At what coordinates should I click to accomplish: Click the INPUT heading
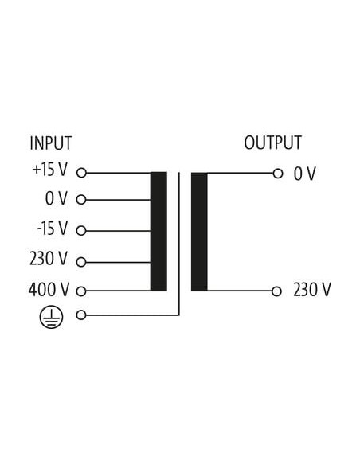click(51, 143)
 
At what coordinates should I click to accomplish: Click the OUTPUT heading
click(273, 143)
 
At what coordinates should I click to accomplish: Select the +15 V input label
click(50, 170)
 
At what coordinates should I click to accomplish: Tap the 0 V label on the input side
click(57, 198)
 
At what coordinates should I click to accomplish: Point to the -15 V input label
click(53, 229)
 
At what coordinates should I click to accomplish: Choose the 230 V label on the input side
click(49, 258)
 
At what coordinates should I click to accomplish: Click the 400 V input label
click(49, 290)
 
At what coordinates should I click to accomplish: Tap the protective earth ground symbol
click(51, 317)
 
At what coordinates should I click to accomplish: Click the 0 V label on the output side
click(304, 174)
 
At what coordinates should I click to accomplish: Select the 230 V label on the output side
click(312, 290)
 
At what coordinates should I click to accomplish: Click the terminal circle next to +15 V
click(81, 173)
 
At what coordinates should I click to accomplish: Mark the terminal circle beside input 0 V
click(81, 200)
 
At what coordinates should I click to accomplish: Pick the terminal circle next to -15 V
click(81, 230)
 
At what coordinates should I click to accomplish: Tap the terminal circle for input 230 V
click(81, 262)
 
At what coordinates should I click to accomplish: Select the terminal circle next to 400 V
click(81, 291)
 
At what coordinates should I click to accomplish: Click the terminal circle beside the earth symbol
click(81, 315)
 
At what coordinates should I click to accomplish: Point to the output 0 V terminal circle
click(278, 174)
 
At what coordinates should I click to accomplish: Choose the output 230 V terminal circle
click(276, 291)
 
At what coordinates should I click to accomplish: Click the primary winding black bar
click(158, 232)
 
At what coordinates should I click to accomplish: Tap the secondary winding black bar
click(199, 232)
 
